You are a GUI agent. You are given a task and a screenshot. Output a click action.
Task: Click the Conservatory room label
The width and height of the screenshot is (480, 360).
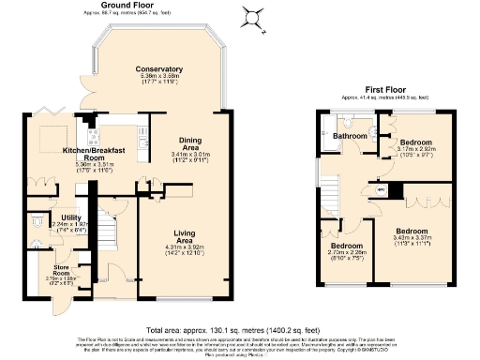157,70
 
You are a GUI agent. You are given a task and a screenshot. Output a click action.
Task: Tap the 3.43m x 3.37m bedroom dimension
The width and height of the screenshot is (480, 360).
412,237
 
